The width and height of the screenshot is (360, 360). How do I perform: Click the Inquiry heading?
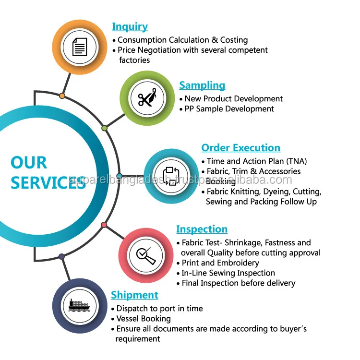pos(130,27)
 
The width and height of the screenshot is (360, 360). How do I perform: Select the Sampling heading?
pos(202,85)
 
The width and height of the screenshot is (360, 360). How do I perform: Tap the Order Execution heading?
pos(240,148)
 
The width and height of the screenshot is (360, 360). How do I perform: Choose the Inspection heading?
pos(202,229)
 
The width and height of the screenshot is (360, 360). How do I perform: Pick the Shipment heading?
pos(134,295)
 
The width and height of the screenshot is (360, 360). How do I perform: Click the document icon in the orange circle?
pos(80,47)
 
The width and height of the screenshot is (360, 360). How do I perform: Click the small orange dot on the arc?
pos(62,96)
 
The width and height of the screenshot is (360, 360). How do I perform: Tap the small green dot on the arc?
pos(104,128)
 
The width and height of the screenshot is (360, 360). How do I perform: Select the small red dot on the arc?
pos(104,225)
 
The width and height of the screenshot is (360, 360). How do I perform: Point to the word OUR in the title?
pos(29,163)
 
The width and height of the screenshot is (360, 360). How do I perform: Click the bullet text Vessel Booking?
pos(143,318)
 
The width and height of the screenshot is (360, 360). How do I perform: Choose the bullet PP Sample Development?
pos(229,109)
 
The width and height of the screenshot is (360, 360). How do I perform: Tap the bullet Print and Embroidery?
pos(220,263)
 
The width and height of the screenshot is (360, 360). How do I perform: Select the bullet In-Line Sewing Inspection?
pos(228,273)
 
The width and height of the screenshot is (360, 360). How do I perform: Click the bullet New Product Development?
pos(233,99)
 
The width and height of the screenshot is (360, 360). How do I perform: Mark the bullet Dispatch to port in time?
pos(159,308)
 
